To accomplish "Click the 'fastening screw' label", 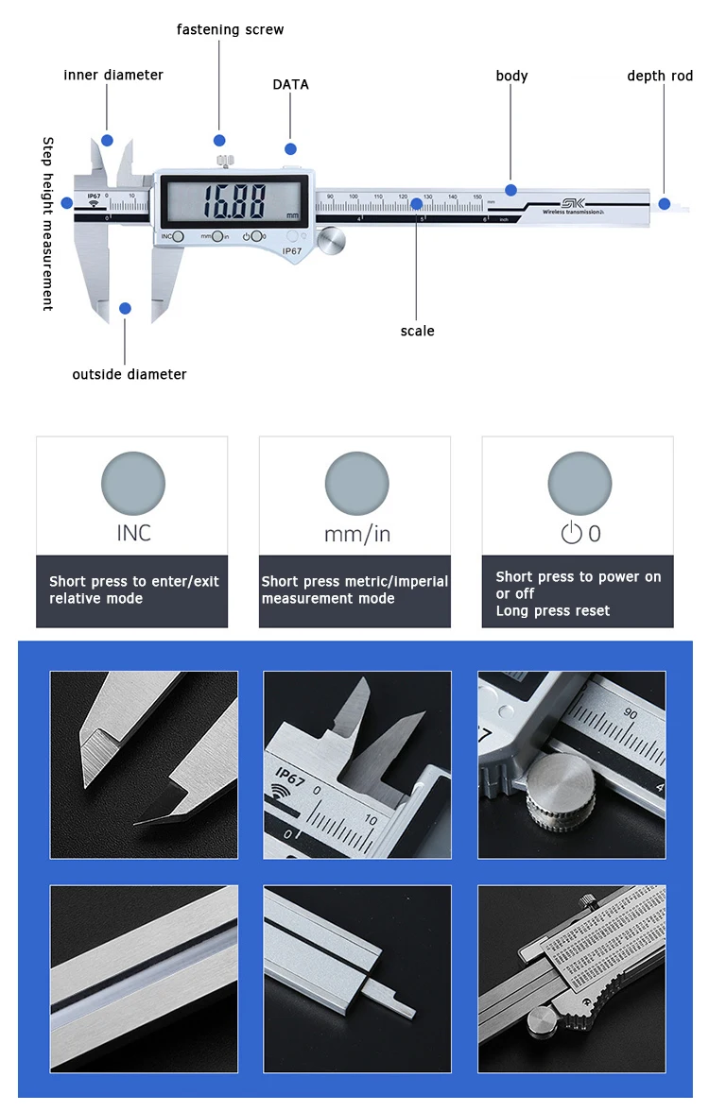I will coord(230,29).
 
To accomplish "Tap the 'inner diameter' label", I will coord(113,75).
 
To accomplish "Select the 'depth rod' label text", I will coord(660,76).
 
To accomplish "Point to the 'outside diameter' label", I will coord(130,374).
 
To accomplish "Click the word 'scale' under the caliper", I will coord(417,331).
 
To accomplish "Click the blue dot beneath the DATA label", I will coord(290,148).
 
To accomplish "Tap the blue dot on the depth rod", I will coord(665,203).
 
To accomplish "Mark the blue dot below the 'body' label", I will coord(511,190).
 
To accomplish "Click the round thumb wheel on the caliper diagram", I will coord(331,241).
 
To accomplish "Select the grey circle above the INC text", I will coord(133,484).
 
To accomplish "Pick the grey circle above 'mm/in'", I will coord(356,484).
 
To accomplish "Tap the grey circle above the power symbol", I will coord(579,484).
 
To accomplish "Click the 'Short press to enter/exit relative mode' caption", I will coord(133,590).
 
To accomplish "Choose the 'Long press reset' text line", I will coord(553,611).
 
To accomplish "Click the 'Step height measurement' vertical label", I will coord(48,224).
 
